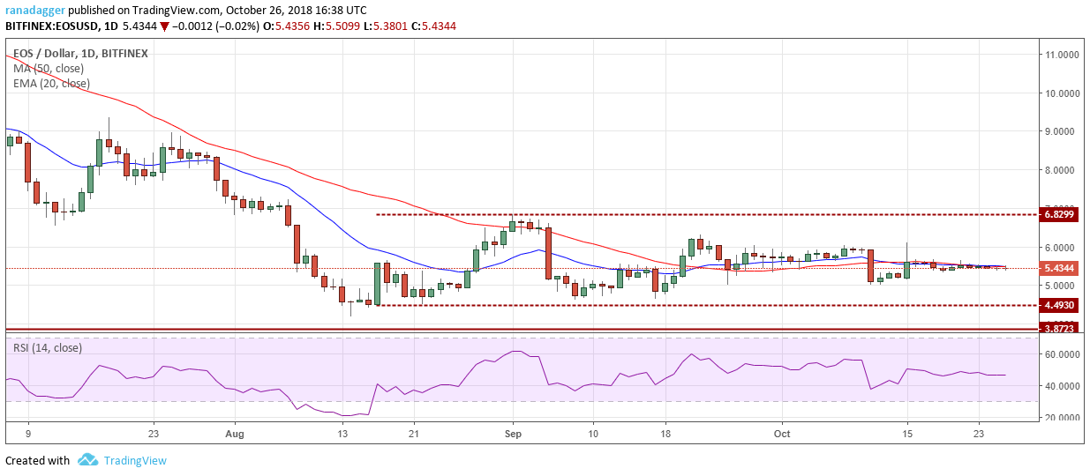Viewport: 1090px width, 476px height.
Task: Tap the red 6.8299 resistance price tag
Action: (x=1059, y=214)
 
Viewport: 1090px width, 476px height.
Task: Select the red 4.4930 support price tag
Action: (x=1059, y=305)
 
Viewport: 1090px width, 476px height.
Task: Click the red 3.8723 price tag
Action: (x=1059, y=329)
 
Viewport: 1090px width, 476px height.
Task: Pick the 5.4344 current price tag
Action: (x=1059, y=267)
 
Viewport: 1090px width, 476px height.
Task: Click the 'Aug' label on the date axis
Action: (x=234, y=435)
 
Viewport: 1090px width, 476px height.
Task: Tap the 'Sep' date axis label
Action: (x=513, y=435)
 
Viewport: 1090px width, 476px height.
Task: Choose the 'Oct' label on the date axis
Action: (x=781, y=435)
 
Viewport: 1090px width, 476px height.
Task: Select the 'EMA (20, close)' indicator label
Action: (x=51, y=84)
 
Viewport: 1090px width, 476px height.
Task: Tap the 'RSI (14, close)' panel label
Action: (x=48, y=348)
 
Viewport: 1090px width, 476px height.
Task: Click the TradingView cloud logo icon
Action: (x=87, y=460)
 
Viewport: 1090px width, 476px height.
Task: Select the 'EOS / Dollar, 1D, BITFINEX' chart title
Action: (x=80, y=54)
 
